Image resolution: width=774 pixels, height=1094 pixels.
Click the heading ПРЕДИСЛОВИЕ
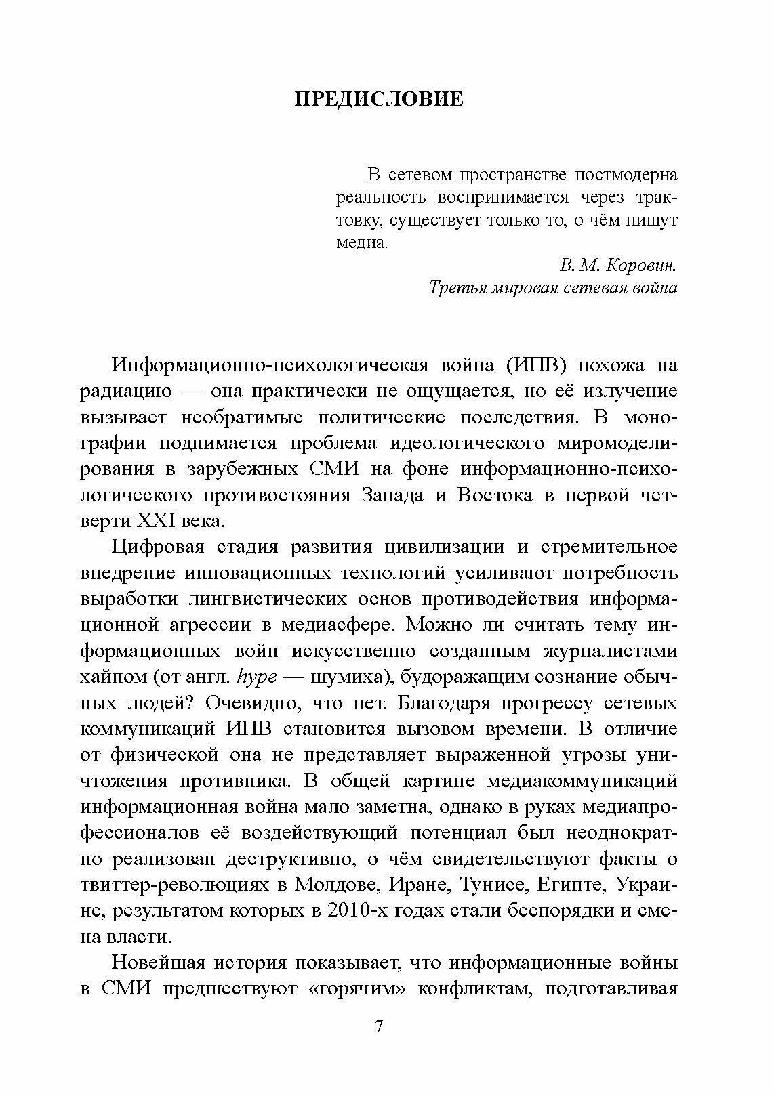(x=379, y=100)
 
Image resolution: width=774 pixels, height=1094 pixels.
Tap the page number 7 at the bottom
(x=379, y=1026)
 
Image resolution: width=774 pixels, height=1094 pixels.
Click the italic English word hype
(x=253, y=677)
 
